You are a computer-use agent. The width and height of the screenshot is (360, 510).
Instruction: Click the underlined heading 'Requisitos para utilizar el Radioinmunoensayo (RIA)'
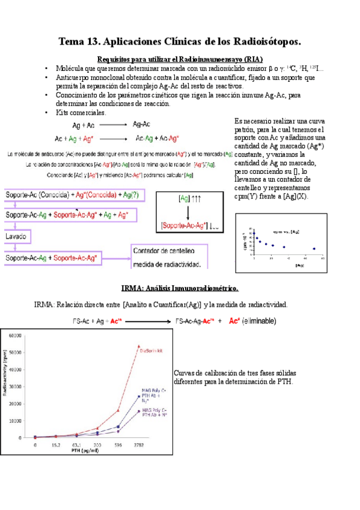180,59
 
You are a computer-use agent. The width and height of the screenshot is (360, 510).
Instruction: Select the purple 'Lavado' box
16,237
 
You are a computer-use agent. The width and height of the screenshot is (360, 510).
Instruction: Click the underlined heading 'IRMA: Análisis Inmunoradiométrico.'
179,288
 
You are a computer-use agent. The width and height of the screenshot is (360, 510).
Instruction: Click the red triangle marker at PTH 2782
139,346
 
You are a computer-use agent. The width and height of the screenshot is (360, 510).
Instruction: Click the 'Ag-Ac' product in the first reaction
142,124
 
